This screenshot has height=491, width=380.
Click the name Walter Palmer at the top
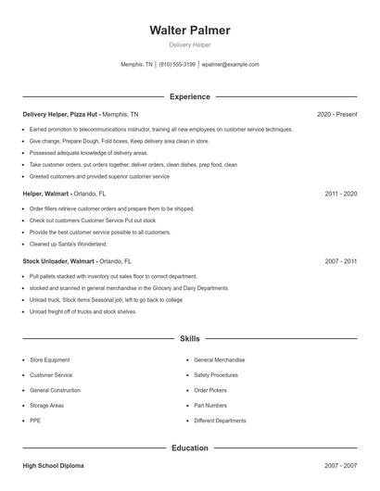(x=190, y=31)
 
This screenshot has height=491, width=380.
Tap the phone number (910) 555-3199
(x=177, y=65)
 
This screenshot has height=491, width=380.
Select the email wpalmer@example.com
(x=230, y=65)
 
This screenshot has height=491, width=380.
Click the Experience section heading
(x=190, y=96)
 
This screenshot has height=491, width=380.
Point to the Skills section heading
(x=190, y=340)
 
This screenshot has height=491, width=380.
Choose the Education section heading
(x=190, y=448)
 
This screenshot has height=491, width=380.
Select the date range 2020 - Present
(x=336, y=114)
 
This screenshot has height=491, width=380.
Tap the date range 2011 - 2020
(x=341, y=195)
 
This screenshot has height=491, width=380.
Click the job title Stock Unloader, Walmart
(x=56, y=261)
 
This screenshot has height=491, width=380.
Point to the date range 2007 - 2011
(x=341, y=261)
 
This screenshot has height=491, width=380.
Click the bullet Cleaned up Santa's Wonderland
(x=69, y=244)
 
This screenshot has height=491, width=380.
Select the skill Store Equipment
(x=51, y=359)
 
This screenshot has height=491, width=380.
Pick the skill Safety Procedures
(x=216, y=374)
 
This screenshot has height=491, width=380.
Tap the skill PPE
(x=35, y=421)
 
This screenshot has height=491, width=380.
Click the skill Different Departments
(x=220, y=421)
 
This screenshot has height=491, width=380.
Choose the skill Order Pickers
(x=210, y=390)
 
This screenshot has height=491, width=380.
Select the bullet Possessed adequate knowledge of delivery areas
(x=89, y=152)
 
